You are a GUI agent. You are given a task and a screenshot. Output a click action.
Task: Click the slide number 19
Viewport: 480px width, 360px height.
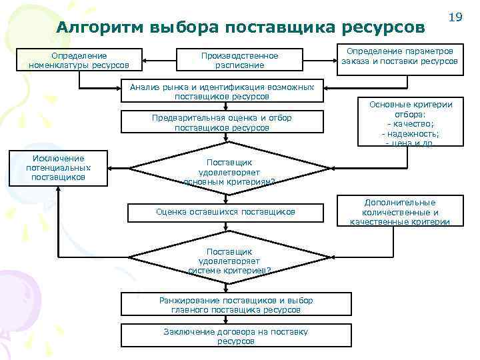coord(456,17)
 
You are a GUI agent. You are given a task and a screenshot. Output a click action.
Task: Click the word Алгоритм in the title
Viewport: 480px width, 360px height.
coord(100,27)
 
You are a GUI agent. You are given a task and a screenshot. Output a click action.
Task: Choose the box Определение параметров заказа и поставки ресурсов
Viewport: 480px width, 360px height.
coord(400,56)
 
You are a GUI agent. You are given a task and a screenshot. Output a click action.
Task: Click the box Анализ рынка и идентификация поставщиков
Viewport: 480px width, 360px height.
coord(222,91)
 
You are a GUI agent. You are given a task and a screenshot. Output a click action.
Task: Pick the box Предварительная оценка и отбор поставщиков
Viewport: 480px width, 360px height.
coord(222,123)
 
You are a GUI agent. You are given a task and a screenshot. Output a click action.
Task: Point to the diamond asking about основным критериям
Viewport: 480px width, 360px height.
coord(229,172)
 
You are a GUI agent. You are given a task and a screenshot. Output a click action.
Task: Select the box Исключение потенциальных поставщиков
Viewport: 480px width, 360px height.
coord(58,168)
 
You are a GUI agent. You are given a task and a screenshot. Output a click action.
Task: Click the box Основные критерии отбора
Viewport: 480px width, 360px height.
coord(411,123)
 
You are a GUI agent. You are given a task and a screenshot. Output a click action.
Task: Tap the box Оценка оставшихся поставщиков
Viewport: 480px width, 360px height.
coord(225,211)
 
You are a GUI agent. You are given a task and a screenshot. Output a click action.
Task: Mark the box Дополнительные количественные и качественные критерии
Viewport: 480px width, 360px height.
coord(400,212)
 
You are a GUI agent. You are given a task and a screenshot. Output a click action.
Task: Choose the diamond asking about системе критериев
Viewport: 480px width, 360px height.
coord(229,261)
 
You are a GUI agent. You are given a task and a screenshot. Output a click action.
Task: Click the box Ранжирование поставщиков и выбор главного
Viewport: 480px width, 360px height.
coord(235,305)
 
